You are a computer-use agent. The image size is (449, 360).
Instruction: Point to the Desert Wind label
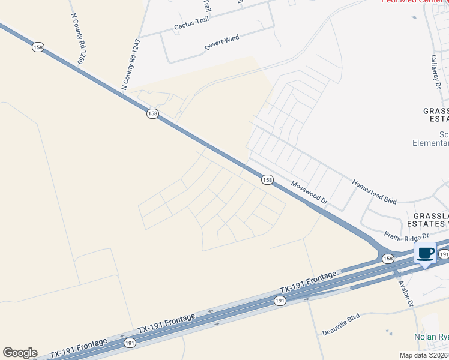[x=221, y=40]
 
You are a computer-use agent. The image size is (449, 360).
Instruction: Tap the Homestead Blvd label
[x=375, y=191]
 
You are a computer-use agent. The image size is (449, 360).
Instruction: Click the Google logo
[x=20, y=353]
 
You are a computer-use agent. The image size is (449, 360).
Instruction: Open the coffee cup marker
[x=426, y=253]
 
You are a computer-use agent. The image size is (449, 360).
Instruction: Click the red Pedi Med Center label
[x=414, y=2]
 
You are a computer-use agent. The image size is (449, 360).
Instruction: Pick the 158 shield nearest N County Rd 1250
[x=38, y=47]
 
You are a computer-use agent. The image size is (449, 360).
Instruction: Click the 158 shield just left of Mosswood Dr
[x=267, y=179]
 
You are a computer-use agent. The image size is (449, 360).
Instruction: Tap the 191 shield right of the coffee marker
[x=444, y=254]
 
